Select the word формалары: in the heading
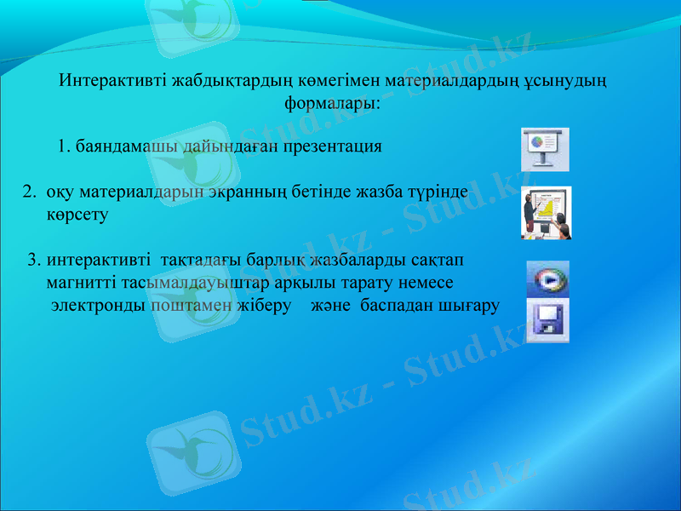[x=332, y=104]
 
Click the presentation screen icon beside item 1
[x=545, y=149]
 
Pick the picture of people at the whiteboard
[x=546, y=213]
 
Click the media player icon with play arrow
[x=547, y=278]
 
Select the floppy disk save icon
[x=547, y=320]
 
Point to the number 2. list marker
[x=29, y=193]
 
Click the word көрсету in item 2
[x=77, y=215]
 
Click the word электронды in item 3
[x=99, y=305]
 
